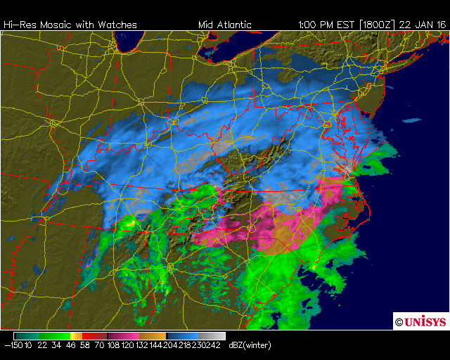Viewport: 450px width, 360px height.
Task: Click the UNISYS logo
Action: point(420,321)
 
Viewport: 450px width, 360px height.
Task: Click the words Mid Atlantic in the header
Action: point(224,25)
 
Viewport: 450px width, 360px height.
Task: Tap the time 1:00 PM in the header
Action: point(316,25)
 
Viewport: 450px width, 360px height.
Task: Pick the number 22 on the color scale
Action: point(41,346)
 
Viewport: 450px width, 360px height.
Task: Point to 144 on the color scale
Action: point(156,346)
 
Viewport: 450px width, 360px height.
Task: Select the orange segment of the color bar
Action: point(155,336)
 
